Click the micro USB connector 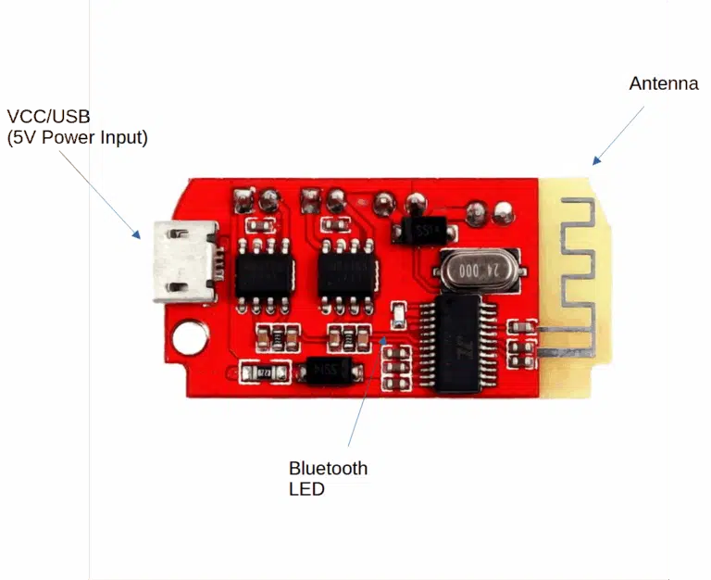click(x=187, y=261)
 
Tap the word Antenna click(x=664, y=83)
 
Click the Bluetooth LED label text click(x=328, y=478)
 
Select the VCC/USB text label click(x=48, y=117)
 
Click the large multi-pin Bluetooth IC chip click(x=458, y=344)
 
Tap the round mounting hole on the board click(x=191, y=337)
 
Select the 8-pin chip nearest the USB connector click(x=263, y=276)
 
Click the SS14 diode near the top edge click(x=424, y=230)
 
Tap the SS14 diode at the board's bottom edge click(x=331, y=371)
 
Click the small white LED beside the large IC click(x=398, y=315)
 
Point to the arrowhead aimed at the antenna click(x=596, y=160)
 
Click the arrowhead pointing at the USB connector click(x=136, y=233)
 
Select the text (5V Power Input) click(x=77, y=137)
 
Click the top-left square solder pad click(x=244, y=200)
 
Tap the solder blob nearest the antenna click(x=503, y=212)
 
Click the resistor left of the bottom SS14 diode click(x=265, y=373)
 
